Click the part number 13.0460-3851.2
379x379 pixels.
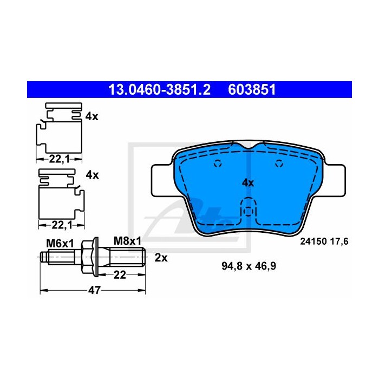coord(160,90)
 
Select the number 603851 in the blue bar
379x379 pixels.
coord(252,90)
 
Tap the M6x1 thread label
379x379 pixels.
coord(60,244)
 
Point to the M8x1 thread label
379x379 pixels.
coord(127,241)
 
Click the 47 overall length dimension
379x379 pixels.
coord(94,290)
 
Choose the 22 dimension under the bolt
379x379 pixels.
coord(120,275)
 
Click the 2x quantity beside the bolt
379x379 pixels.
coord(161,258)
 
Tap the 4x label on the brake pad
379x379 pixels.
coord(248,183)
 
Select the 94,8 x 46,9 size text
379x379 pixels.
coord(249,266)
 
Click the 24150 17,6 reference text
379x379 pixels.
coord(324,241)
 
